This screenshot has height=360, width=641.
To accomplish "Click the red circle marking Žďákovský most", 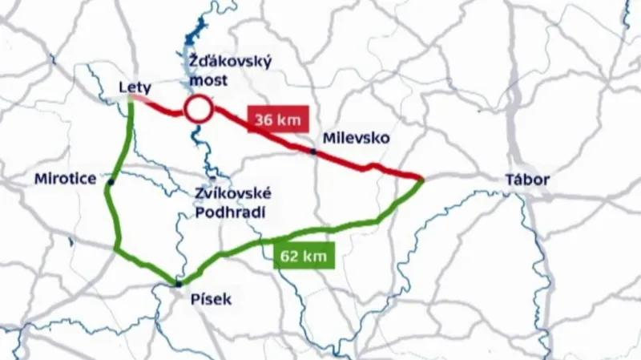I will click(197, 110).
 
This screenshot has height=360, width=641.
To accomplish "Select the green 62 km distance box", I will click(304, 257).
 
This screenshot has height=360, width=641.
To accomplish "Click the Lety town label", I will click(135, 86).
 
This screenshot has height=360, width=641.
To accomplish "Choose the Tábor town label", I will click(527, 180).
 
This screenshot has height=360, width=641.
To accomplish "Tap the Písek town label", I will click(212, 300).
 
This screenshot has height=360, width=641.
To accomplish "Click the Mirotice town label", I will click(67, 180).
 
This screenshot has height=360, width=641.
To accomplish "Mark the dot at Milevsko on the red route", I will click(313, 151).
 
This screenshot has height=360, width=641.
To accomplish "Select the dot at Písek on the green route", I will click(178, 283).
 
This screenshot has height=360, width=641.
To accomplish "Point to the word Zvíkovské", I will click(233, 193).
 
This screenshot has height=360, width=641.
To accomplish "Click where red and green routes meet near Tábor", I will click(421, 180).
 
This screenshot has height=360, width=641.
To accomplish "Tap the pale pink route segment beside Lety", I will click(141, 98).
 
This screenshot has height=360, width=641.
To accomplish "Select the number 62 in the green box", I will click(291, 257).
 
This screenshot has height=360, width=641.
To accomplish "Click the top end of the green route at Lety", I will click(131, 99).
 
